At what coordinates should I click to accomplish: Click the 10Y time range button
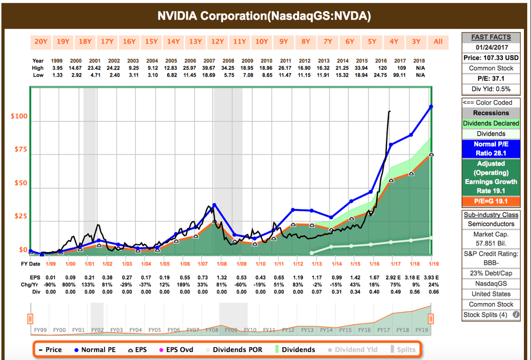[x=261, y=41]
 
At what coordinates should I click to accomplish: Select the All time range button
[x=438, y=41]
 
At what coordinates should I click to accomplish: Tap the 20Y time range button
[x=41, y=41]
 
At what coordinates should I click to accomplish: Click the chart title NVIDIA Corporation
[x=264, y=16]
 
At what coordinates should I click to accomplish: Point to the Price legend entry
[x=51, y=350]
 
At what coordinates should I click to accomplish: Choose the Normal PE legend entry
[x=95, y=350]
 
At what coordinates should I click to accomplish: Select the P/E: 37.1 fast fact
[x=491, y=78]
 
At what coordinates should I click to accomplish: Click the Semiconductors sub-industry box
[x=491, y=224]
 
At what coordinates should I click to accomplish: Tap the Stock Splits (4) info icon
[x=516, y=314]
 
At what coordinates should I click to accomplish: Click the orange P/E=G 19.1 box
[x=491, y=202]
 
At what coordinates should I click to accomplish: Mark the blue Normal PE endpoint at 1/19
[x=431, y=107]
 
